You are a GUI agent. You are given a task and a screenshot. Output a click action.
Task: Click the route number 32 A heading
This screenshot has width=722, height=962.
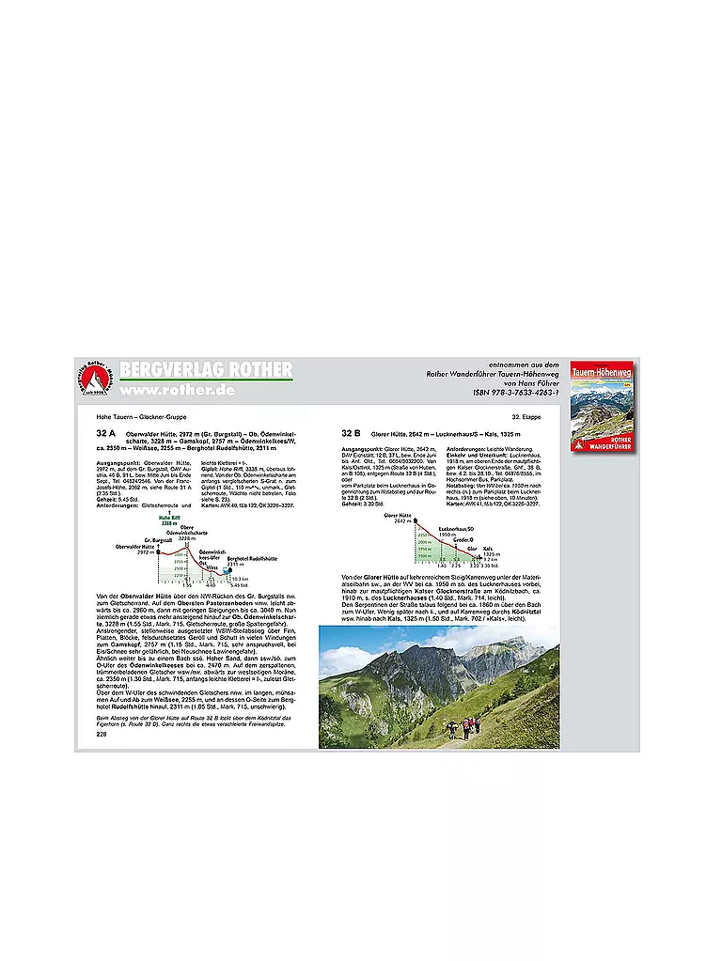[106, 433]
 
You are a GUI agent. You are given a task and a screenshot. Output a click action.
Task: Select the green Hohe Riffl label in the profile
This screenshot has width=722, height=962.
[169, 518]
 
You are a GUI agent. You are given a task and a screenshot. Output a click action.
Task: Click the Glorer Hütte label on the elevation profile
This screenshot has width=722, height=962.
[400, 516]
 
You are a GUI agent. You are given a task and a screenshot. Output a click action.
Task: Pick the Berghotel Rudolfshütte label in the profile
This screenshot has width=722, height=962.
[249, 558]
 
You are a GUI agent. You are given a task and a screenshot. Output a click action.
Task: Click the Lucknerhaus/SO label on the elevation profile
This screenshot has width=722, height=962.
[454, 531]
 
